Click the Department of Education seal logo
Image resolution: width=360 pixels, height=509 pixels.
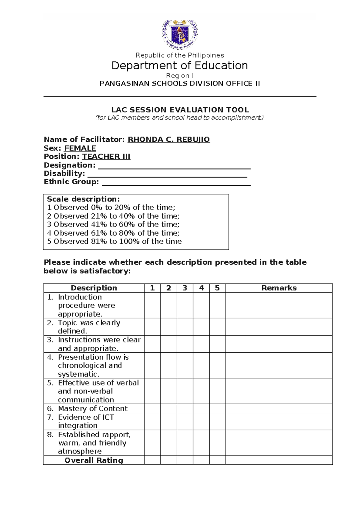(180, 34)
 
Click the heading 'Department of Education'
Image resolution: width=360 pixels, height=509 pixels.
(179, 65)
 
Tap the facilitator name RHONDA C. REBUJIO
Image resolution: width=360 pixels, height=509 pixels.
(169, 140)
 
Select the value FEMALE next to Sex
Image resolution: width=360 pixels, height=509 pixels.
(80, 148)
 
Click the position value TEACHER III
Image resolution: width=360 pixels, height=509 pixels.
(106, 157)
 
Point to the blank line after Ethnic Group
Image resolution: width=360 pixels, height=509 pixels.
(176, 182)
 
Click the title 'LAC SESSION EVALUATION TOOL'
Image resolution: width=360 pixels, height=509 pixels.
(180, 110)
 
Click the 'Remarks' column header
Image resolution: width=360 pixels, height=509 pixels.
(279, 288)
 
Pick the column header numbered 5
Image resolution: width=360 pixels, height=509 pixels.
(217, 288)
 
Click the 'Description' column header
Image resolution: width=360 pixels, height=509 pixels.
(94, 288)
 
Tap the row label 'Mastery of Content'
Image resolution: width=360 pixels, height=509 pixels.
(92, 408)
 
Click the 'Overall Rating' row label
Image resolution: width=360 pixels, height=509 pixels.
(94, 460)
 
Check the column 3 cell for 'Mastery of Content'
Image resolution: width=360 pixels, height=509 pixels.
(185, 408)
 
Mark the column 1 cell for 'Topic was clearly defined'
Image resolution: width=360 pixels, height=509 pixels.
(152, 327)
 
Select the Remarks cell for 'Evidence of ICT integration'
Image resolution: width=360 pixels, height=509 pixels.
(279, 421)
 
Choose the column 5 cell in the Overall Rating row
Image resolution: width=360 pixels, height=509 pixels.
(217, 460)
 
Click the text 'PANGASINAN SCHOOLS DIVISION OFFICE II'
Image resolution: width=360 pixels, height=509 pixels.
(180, 84)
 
